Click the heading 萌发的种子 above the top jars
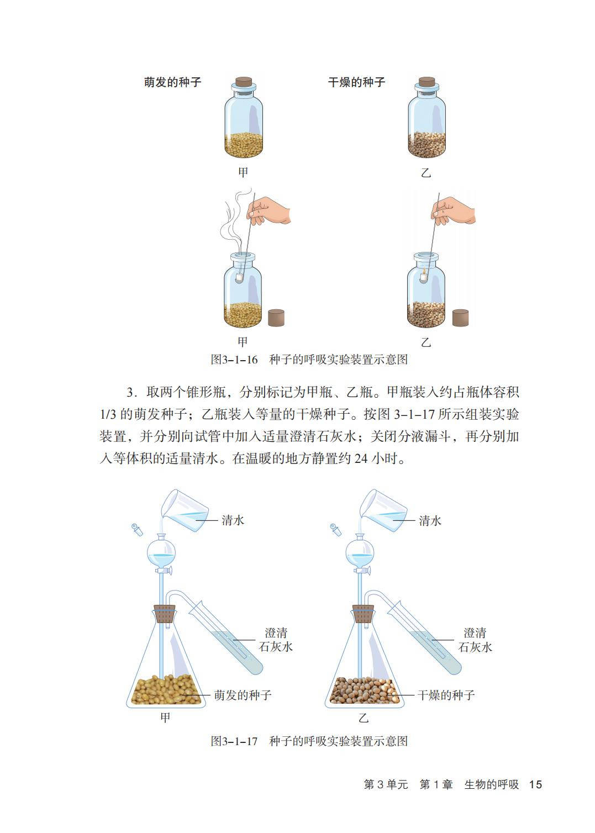click(172, 82)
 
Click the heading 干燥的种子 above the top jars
click(356, 82)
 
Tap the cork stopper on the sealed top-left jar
click(244, 81)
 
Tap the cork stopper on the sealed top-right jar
click(427, 81)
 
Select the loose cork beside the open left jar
click(276, 318)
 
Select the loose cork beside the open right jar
click(460, 318)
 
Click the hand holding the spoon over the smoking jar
click(268, 210)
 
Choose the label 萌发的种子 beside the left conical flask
click(243, 695)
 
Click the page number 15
click(535, 784)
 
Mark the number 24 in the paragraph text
click(361, 458)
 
